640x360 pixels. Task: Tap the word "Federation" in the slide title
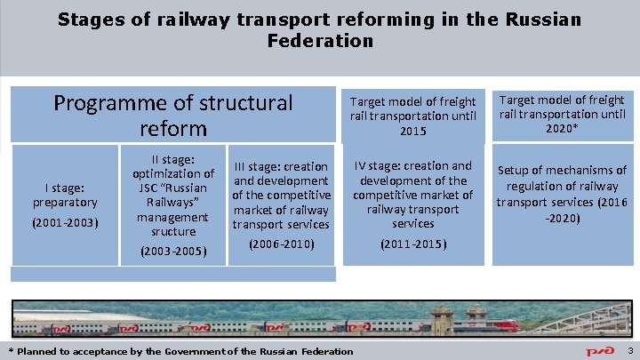click(319, 41)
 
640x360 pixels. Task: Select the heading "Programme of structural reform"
click(172, 115)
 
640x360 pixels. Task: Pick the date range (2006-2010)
click(281, 243)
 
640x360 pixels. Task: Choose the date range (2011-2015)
click(412, 244)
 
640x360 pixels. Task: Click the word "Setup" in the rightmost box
click(516, 170)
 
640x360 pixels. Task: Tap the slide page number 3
click(629, 351)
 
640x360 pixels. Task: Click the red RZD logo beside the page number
click(603, 351)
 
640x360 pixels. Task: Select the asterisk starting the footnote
click(11, 351)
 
